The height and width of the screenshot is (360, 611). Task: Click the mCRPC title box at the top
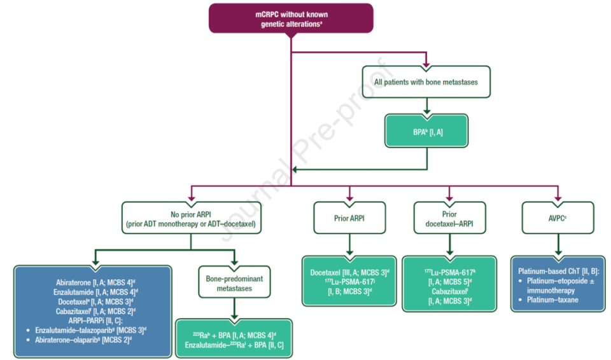[x=290, y=18]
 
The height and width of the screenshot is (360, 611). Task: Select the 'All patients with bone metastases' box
[x=426, y=82]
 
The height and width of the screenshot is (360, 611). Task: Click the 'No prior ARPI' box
[x=192, y=218]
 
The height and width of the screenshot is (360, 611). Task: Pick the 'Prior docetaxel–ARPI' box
[x=449, y=218]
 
